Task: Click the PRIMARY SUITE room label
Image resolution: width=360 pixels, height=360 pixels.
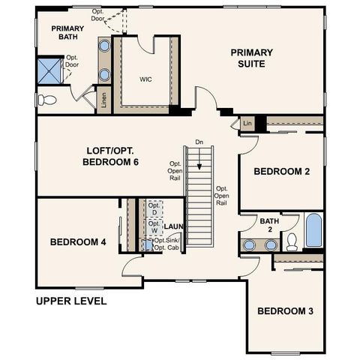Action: tap(251, 58)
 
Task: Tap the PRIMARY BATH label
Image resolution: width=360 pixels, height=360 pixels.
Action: tap(67, 33)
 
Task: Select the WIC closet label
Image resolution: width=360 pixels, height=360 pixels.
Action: tap(146, 78)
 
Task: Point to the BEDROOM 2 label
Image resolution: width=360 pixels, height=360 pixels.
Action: tap(281, 172)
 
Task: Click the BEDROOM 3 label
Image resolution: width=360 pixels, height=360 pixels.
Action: tap(285, 310)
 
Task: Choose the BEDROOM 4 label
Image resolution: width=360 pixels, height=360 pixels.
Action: tap(78, 242)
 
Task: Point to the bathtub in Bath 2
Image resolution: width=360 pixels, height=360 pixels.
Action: tap(313, 230)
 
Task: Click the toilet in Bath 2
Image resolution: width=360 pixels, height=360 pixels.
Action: tap(292, 241)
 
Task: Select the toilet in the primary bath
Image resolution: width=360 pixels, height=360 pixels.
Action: tap(46, 99)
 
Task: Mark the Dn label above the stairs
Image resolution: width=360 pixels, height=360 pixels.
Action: tap(199, 142)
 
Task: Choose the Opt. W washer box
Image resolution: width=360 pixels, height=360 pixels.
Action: tap(154, 226)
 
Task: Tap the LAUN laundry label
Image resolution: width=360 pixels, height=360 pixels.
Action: tap(174, 226)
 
